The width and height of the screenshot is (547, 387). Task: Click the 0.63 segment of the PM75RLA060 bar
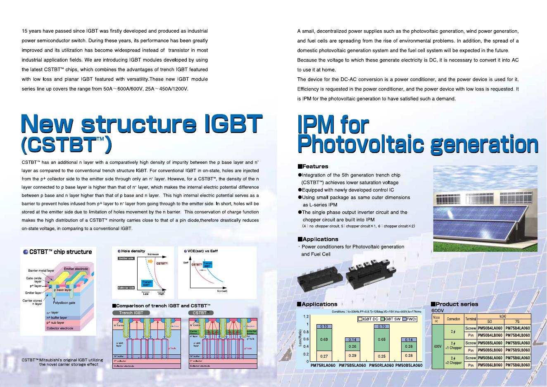(x=324, y=340)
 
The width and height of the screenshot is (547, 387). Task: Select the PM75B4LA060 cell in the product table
(x=518, y=328)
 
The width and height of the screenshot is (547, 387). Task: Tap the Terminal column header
(x=471, y=319)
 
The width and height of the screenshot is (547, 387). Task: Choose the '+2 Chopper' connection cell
(x=453, y=361)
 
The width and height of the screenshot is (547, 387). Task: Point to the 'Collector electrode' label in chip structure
(x=60, y=328)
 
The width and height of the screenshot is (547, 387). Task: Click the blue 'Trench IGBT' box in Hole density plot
(x=147, y=284)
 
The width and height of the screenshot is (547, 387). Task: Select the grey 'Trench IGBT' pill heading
(x=131, y=313)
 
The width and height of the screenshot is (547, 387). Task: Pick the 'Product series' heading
(x=457, y=304)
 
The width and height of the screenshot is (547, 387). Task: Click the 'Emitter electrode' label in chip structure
(x=76, y=269)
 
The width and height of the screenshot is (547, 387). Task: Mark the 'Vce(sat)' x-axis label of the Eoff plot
(x=222, y=291)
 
